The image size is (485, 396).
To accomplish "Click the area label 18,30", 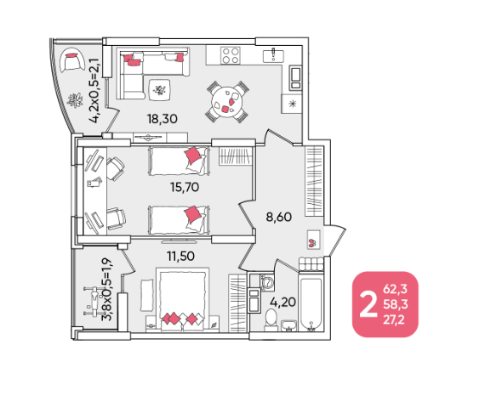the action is (x=162, y=119).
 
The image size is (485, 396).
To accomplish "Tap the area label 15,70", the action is (x=185, y=187).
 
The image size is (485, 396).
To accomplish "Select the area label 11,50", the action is (x=180, y=256).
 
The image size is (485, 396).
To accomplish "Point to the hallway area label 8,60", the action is (x=279, y=217).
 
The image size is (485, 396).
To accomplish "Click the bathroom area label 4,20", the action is (x=282, y=302).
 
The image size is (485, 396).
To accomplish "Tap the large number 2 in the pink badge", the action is (x=368, y=305).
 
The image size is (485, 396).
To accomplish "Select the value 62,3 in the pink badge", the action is (x=396, y=290).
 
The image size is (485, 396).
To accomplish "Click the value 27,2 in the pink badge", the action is (x=394, y=320).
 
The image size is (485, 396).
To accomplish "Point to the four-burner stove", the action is (x=231, y=55).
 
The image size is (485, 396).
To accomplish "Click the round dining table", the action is (x=226, y=102).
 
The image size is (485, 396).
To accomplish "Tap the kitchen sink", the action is (x=273, y=56).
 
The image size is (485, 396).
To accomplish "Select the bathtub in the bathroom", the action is (x=311, y=304).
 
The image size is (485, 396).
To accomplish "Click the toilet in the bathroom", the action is (x=271, y=320).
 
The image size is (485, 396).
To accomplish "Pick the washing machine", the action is (x=267, y=282).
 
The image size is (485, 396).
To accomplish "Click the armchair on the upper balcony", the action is (x=72, y=60).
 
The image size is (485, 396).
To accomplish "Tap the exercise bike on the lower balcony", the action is (x=93, y=302).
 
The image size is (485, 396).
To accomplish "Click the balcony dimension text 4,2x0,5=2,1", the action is (x=94, y=90).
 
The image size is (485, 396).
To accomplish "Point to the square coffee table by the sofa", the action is (x=159, y=90).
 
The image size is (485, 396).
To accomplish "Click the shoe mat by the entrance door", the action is (x=314, y=240).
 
